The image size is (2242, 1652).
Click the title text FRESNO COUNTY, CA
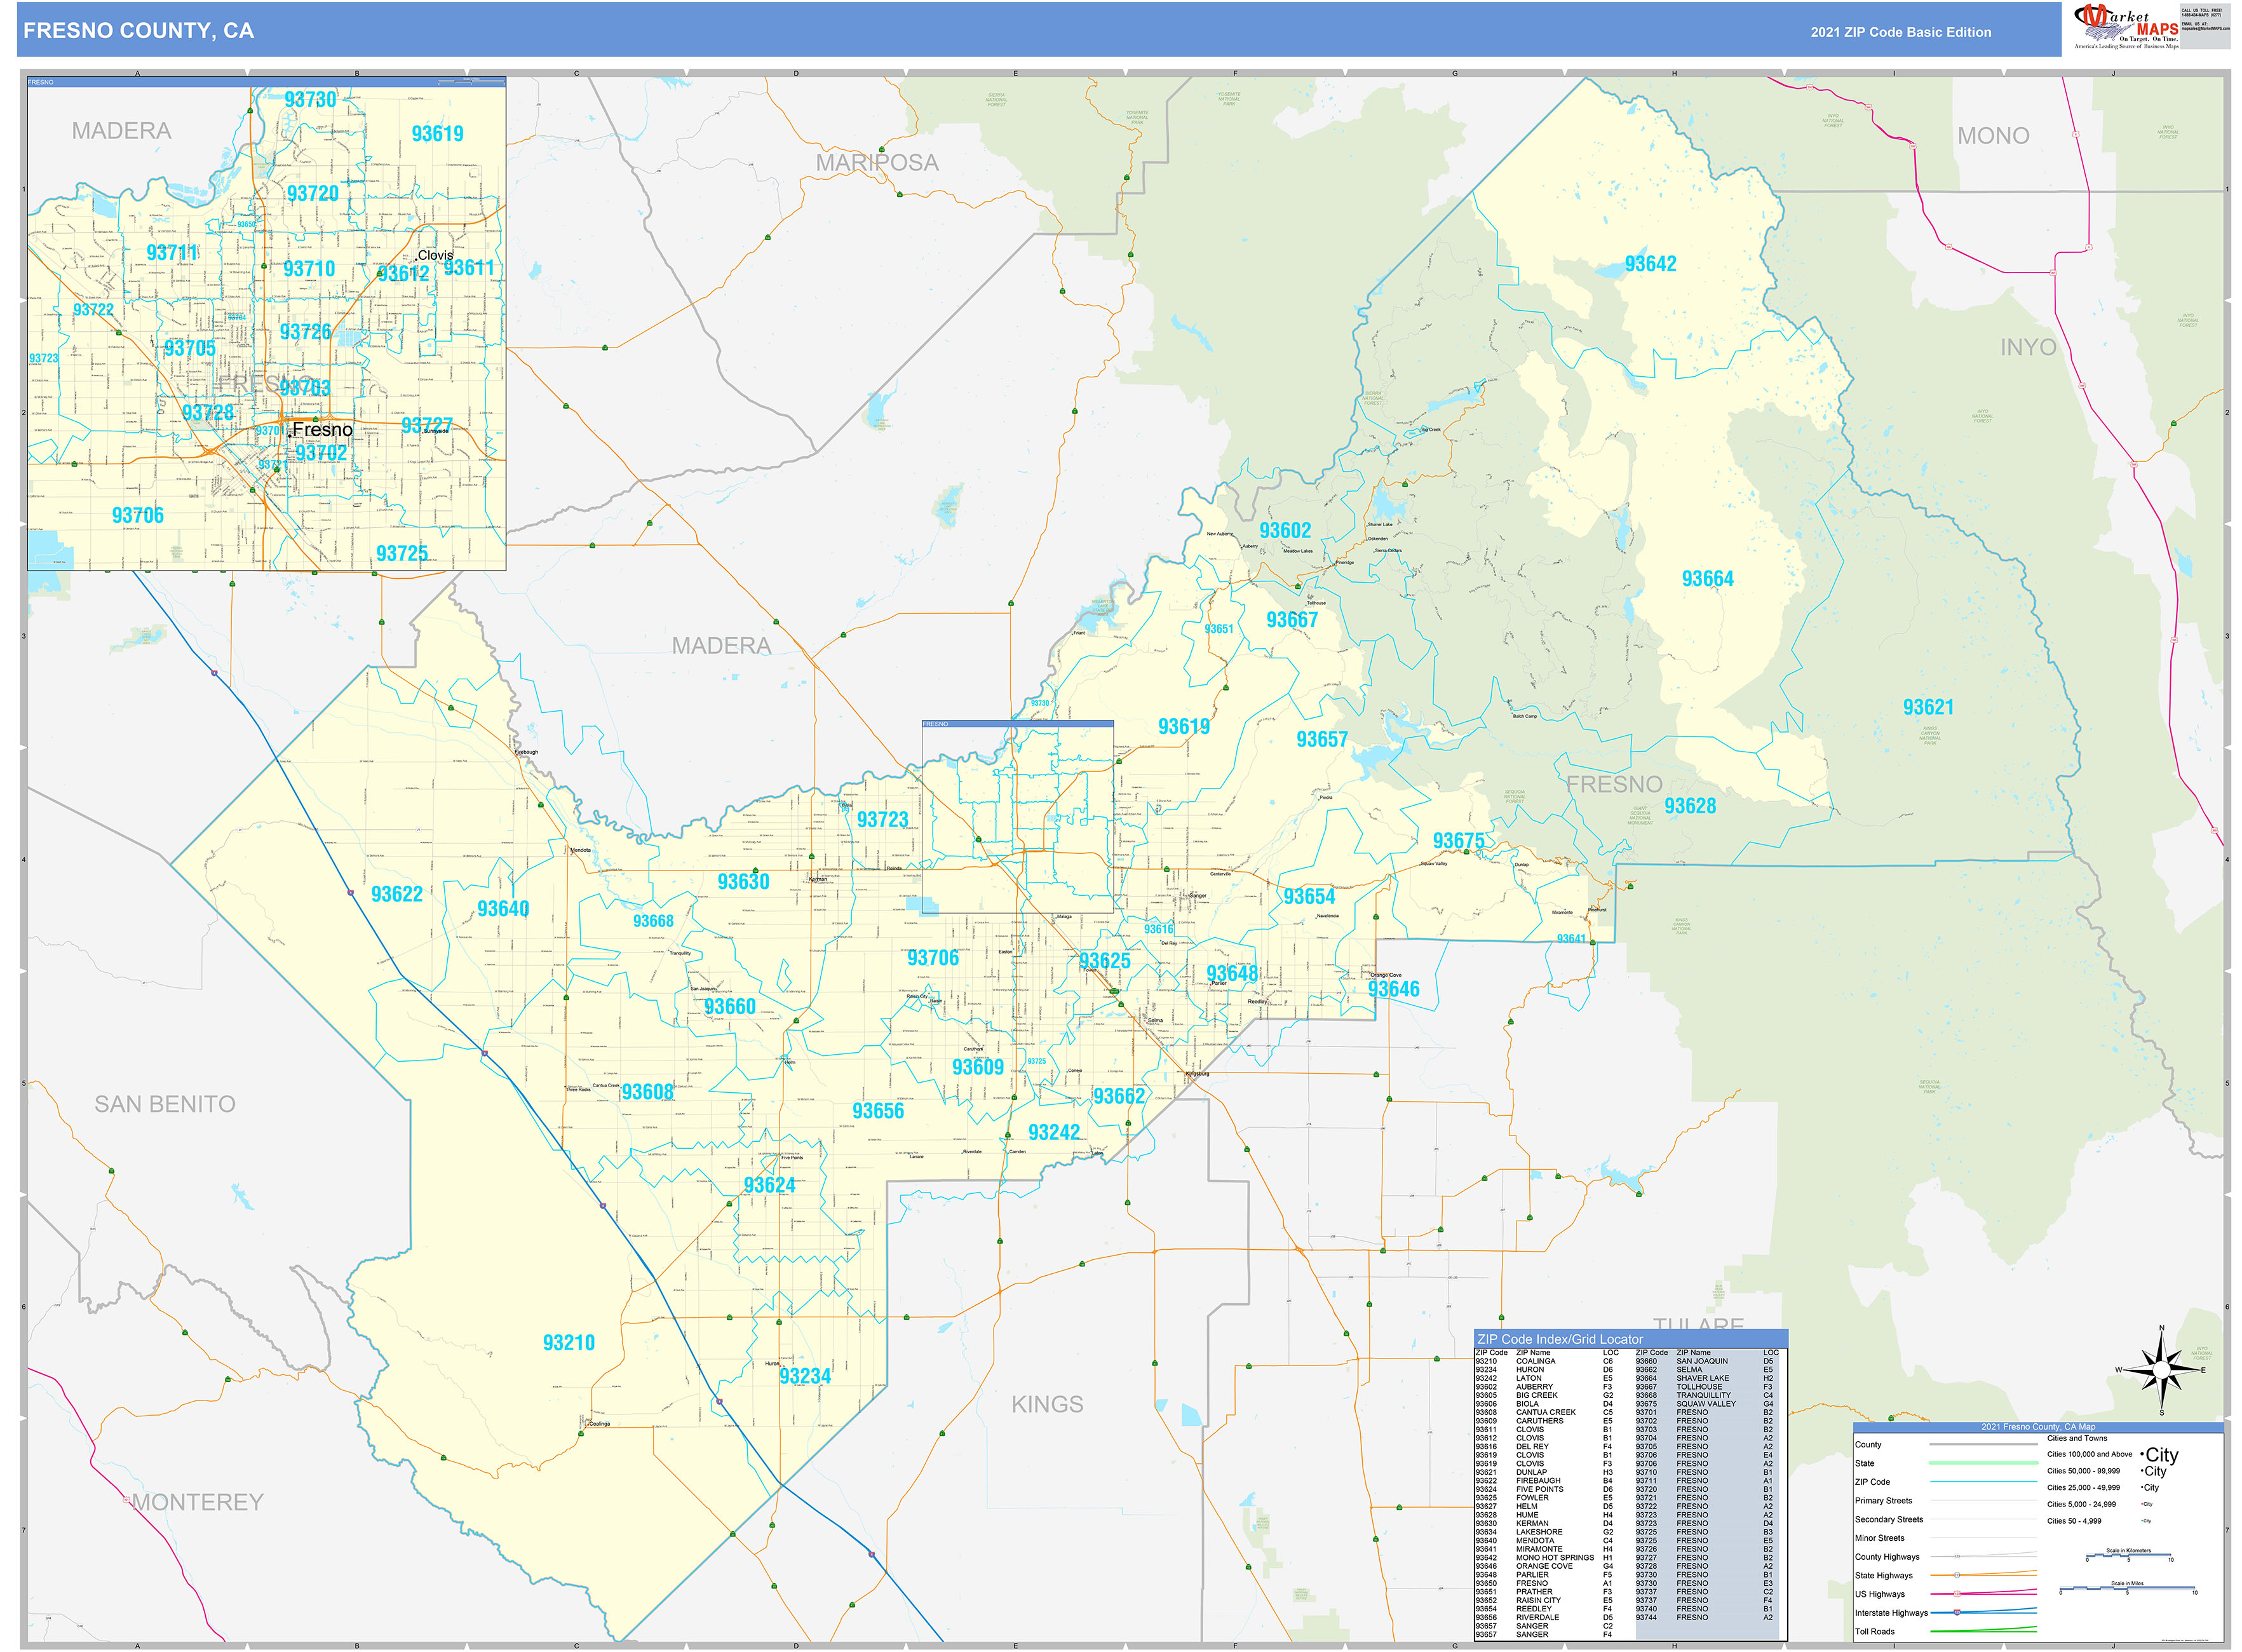pos(139,31)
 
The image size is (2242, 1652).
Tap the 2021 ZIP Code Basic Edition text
pos(1900,32)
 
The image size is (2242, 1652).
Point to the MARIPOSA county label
pos(877,163)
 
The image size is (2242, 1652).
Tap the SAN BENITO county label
pos(165,1104)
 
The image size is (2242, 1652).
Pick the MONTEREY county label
pos(198,1502)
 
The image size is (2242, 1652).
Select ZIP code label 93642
pos(1650,264)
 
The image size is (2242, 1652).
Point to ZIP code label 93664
pos(1707,579)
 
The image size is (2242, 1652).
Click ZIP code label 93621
pos(1928,707)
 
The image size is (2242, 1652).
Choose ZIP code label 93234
pos(805,1376)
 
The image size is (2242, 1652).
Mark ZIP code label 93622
pos(396,894)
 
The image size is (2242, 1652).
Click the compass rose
pos(2161,1370)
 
